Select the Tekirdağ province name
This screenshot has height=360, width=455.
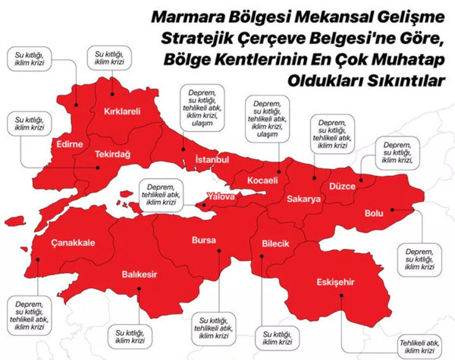[112, 154]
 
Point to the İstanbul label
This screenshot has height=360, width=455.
[212, 160]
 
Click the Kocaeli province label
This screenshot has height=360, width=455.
[265, 180]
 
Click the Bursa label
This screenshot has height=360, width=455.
[204, 240]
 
